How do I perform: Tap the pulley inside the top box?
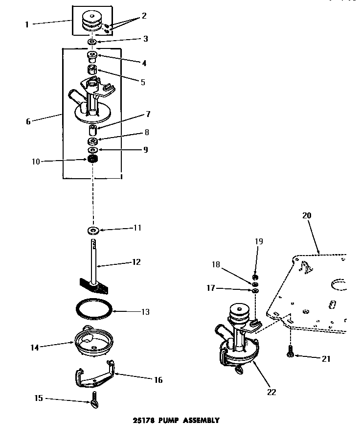(91, 22)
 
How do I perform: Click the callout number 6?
(28, 121)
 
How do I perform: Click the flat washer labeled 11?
(92, 230)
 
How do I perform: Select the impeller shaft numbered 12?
(93, 259)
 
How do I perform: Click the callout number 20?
(307, 215)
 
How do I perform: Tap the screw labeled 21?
(291, 351)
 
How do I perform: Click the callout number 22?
(271, 392)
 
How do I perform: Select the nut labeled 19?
(255, 278)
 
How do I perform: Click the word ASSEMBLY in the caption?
(200, 420)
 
